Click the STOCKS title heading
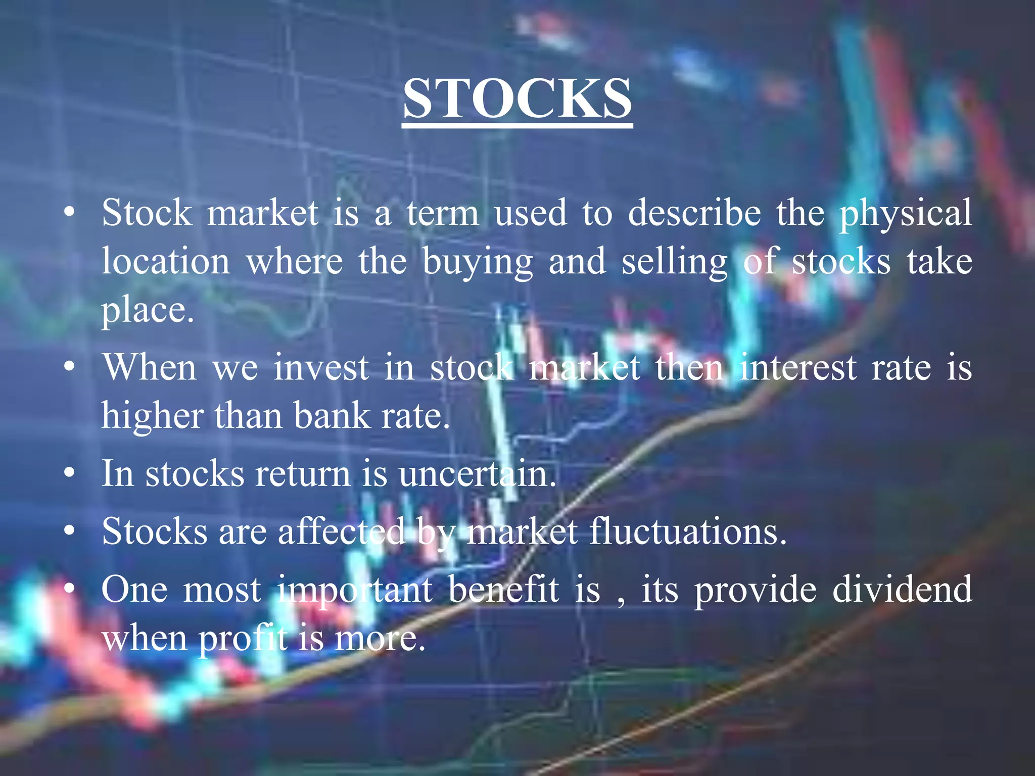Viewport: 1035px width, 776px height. pyautogui.click(x=517, y=99)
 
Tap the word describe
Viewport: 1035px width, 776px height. pyautogui.click(x=694, y=213)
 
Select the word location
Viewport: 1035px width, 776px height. pyautogui.click(x=166, y=262)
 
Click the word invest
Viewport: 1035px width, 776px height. pyautogui.click(x=321, y=367)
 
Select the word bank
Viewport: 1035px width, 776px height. pyautogui.click(x=332, y=416)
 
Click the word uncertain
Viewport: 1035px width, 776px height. pyautogui.click(x=477, y=474)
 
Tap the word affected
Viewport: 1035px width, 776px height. pyautogui.click(x=342, y=532)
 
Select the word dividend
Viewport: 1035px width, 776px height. pyautogui.click(x=902, y=590)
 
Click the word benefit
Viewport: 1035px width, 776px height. pyautogui.click(x=503, y=590)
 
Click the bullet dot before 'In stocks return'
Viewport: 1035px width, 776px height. pyautogui.click(x=70, y=474)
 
